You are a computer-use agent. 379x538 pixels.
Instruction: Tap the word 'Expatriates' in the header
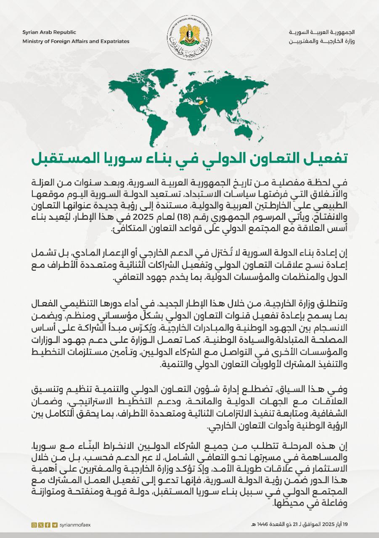(112, 41)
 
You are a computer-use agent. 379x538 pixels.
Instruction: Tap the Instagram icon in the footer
(34, 525)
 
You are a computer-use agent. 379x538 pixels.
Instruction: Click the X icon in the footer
(41, 525)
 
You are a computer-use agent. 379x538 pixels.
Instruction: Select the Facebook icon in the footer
(48, 525)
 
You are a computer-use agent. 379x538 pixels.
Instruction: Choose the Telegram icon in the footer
(55, 525)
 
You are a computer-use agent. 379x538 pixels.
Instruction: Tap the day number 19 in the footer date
(345, 525)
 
